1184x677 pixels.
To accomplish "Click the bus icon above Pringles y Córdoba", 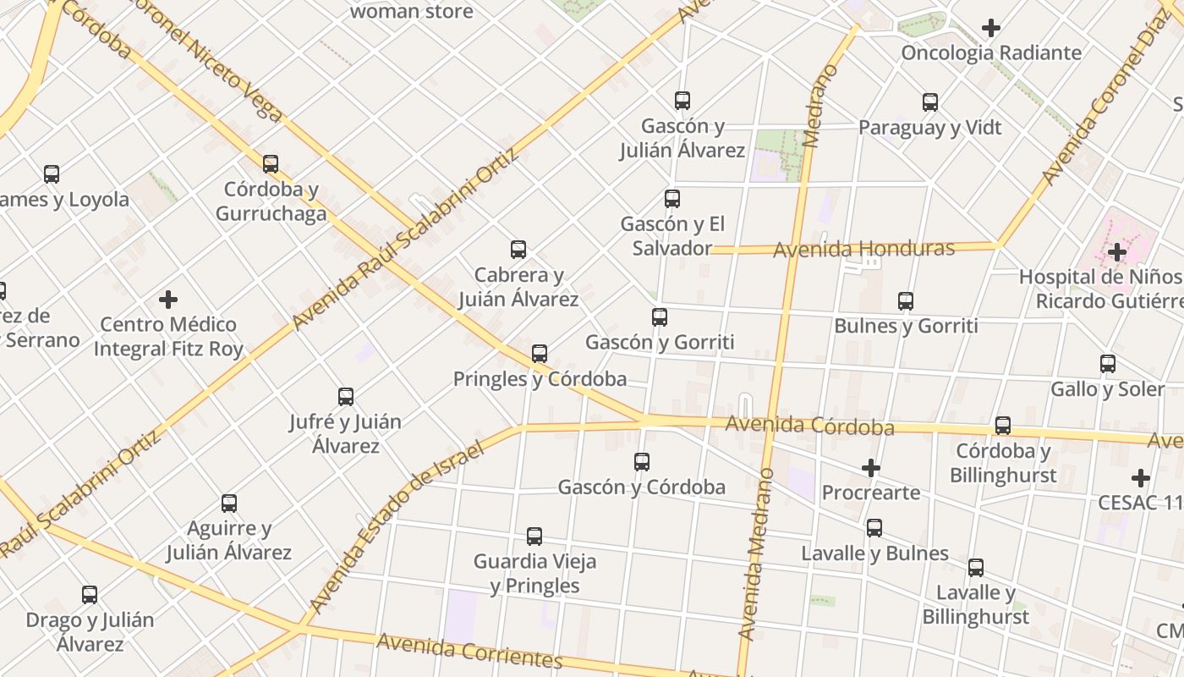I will pos(540,354).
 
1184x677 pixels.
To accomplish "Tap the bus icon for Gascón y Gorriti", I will pos(660,317).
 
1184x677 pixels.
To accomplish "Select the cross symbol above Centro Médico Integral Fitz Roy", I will pos(168,299).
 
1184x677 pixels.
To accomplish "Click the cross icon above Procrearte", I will pos(870,467).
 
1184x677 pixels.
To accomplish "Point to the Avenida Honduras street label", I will pos(863,249).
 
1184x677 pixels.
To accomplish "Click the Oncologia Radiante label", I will pos(990,52).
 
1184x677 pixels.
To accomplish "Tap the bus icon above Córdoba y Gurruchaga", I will pos(271,164).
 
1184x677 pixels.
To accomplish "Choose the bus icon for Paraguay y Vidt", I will pos(930,102).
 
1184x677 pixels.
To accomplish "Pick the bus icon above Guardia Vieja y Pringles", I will pos(534,537).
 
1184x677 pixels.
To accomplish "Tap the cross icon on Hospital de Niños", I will pos(1117,251).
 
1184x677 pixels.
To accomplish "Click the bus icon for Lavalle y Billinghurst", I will pos(976,568).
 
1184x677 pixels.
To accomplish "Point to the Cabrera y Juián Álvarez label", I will pos(518,287).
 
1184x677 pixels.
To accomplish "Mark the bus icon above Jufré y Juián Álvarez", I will pos(346,396).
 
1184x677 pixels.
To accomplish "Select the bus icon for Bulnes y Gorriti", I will pos(906,301).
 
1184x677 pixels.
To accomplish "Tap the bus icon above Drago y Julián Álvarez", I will pos(90,595).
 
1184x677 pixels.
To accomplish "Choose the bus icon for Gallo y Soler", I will pos(1108,364).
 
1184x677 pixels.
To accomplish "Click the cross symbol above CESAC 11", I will pos(1141,478).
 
